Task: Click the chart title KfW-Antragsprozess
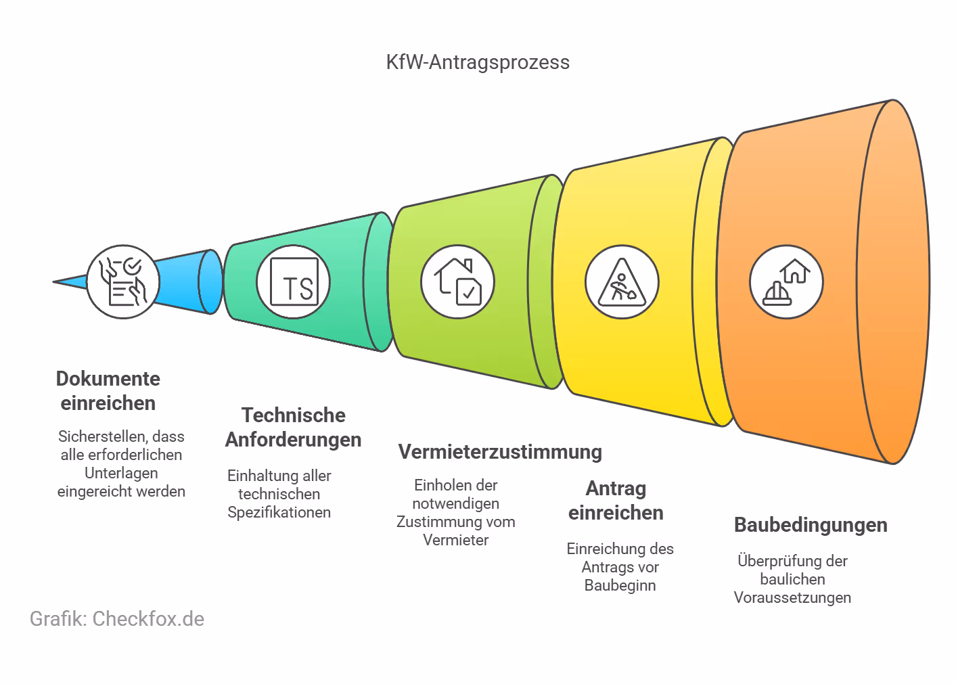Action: pos(478,62)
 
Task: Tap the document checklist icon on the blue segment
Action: pos(123,281)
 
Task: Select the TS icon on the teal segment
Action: pos(294,281)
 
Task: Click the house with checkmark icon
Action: pos(457,281)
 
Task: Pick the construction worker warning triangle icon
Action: pos(622,281)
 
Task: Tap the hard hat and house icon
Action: pos(786,281)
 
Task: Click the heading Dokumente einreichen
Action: pos(108,390)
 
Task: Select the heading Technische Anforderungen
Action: pos(293,427)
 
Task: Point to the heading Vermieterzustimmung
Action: pos(500,451)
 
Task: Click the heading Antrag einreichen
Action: pos(616,500)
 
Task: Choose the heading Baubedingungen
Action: pos(811,524)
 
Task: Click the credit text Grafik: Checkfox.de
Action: pos(117,618)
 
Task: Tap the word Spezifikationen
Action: pos(279,512)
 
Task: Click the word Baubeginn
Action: pos(620,585)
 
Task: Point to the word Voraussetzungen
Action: pos(792,597)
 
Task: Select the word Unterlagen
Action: pos(121,473)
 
